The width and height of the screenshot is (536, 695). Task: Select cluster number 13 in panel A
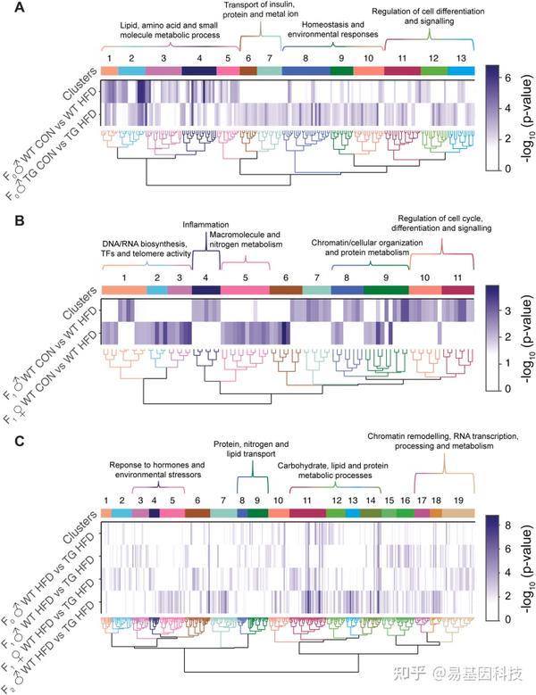(460, 57)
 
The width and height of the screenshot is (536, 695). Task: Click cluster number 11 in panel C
(306, 501)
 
